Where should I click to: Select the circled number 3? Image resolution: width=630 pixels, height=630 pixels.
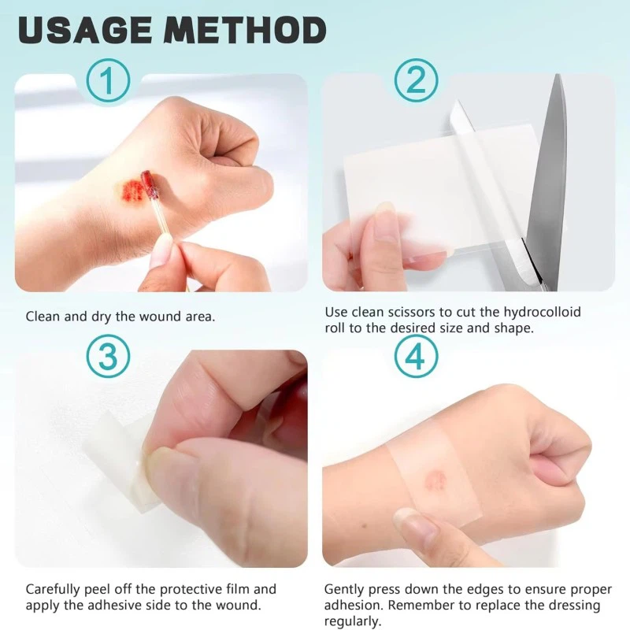tap(108, 357)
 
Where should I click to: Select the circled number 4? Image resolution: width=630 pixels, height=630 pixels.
tap(415, 357)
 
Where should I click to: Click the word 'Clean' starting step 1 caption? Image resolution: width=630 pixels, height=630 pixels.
tap(43, 317)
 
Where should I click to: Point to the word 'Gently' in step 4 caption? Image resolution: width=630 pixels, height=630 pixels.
tap(345, 589)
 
